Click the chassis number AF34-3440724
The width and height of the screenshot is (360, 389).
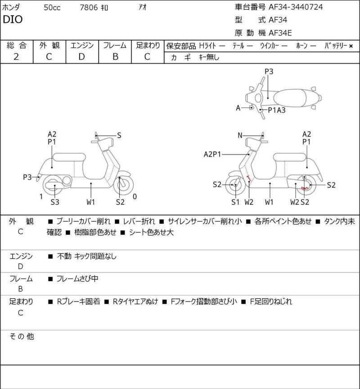[296, 7]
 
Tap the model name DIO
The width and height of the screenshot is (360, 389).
[13, 19]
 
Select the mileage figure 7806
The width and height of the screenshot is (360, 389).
[89, 8]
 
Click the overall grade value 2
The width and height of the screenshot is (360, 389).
[16, 57]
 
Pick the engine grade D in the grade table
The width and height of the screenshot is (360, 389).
[82, 57]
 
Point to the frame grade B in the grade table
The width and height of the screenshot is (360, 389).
[115, 57]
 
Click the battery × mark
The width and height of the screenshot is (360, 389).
[351, 46]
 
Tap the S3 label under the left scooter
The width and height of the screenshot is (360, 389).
[55, 202]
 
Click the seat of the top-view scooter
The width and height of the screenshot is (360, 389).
[290, 98]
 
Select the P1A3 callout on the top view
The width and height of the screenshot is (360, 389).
[277, 110]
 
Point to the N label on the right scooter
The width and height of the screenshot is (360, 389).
[240, 135]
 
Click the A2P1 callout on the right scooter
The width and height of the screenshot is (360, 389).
[212, 154]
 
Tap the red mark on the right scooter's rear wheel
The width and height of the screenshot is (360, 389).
[305, 188]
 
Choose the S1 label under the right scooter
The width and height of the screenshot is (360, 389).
[235, 202]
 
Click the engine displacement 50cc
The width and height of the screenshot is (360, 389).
[52, 8]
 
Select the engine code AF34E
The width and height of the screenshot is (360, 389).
[280, 33]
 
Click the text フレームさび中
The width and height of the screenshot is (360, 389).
[77, 279]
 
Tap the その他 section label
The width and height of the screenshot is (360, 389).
[22, 336]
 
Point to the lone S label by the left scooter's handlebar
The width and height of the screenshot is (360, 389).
[119, 135]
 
